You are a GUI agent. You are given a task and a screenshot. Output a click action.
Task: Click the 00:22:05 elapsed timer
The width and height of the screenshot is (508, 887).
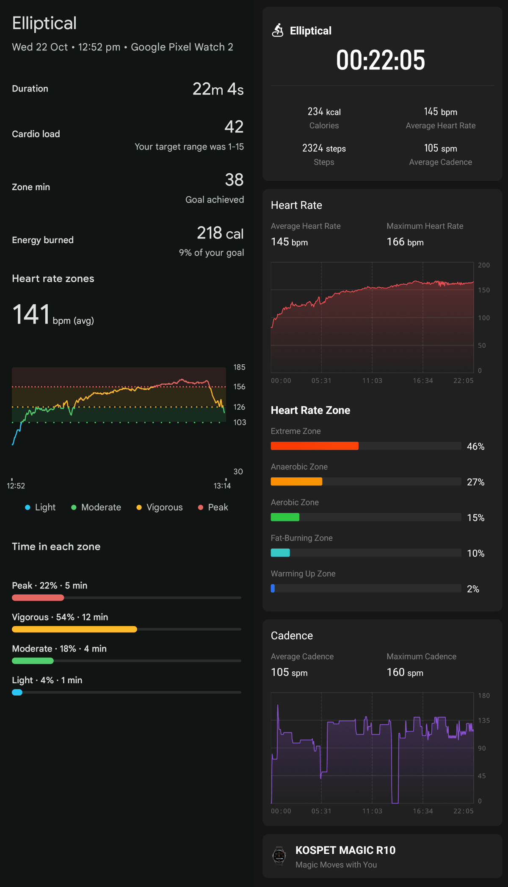[x=380, y=60]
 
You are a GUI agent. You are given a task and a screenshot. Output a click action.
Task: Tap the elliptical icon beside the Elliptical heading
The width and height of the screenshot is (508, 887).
[x=278, y=30]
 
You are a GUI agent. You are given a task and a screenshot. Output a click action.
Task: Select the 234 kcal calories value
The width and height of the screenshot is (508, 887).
[x=324, y=112]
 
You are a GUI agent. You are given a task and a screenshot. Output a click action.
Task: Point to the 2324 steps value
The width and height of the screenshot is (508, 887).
[x=324, y=148]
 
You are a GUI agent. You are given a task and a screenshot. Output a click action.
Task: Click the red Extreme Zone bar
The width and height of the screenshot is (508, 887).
[x=315, y=446]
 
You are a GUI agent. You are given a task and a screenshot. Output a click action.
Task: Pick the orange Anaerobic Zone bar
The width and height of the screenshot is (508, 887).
[x=296, y=481]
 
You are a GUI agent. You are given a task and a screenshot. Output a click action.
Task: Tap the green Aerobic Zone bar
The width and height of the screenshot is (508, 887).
[x=285, y=517]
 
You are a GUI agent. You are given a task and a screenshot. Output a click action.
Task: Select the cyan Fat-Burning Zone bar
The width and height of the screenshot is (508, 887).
[x=280, y=552]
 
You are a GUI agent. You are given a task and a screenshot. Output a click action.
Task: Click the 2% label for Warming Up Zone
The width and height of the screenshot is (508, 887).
[x=473, y=589]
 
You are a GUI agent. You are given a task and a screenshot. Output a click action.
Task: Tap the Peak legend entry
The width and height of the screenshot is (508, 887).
[x=213, y=507]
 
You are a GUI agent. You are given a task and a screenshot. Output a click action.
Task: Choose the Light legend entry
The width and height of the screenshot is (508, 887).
[x=40, y=507]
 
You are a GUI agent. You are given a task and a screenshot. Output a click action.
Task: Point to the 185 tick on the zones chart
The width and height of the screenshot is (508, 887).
[x=239, y=367]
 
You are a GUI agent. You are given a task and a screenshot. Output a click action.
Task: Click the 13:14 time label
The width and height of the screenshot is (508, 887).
[x=222, y=486]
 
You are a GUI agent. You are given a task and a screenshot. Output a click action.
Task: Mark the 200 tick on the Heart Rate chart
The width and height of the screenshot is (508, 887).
[x=483, y=265]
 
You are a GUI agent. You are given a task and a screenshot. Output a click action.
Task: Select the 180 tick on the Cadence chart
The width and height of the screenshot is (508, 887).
[x=483, y=696]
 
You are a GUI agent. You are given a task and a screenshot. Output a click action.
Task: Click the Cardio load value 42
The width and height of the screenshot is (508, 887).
[x=234, y=127]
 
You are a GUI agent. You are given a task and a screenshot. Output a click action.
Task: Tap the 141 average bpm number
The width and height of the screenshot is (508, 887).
[x=31, y=314]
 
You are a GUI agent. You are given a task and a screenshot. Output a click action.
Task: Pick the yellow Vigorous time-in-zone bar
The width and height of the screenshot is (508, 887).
[x=75, y=629]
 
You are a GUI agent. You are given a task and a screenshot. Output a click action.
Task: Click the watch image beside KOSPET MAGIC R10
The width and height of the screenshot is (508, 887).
[x=279, y=856]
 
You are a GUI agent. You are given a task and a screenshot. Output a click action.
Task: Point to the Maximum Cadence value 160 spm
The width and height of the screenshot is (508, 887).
[x=405, y=672]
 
